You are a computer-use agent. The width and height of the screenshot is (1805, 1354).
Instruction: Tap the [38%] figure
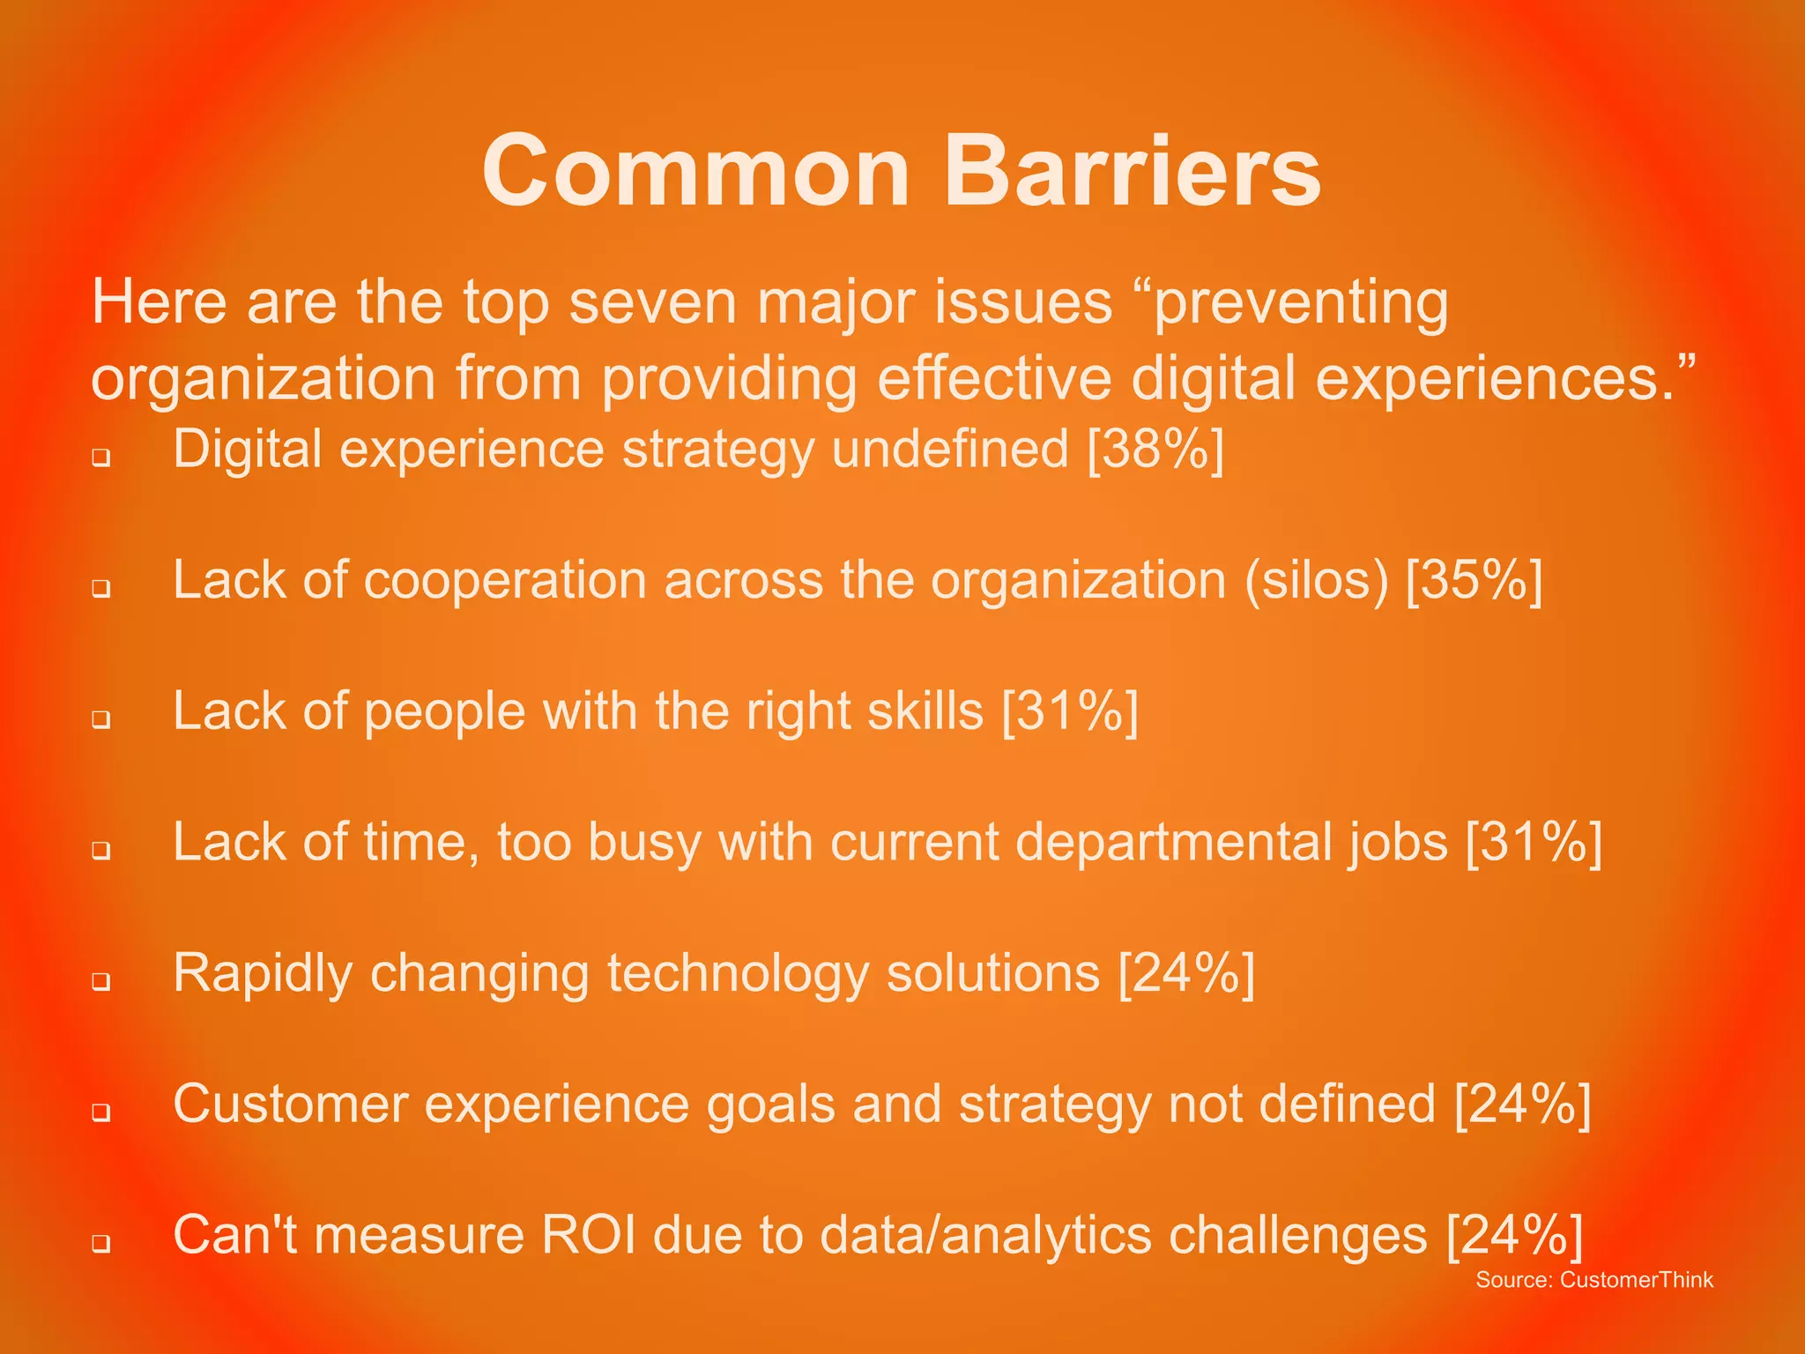coord(1155,450)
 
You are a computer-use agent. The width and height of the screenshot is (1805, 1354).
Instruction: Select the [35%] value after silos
coord(1474,581)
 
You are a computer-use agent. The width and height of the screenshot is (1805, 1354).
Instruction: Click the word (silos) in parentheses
coord(1316,581)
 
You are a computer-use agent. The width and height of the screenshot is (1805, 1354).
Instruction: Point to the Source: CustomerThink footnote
coord(1593,1280)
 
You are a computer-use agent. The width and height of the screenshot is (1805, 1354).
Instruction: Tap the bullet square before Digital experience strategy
coord(101,458)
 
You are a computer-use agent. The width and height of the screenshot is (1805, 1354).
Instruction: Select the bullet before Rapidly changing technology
coord(101,981)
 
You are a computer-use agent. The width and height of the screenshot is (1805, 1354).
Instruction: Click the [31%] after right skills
coord(1070,711)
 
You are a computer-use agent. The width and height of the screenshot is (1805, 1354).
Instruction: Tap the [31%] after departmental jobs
coord(1534,842)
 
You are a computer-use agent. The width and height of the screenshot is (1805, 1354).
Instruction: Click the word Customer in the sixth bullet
coord(290,1104)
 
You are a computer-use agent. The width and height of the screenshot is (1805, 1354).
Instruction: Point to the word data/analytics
coord(985,1234)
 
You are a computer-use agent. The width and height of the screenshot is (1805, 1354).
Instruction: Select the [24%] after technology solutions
coord(1186,973)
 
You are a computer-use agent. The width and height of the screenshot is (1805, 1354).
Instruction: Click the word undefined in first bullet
coord(950,450)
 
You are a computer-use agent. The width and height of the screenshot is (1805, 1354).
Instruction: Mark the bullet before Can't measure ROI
coord(101,1243)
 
